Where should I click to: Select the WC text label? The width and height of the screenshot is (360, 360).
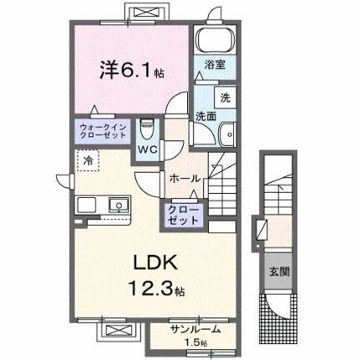pos(147,149)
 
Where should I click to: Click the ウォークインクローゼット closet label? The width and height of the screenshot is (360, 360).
pos(104,132)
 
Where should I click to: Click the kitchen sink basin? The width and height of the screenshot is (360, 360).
pos(117,205)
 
